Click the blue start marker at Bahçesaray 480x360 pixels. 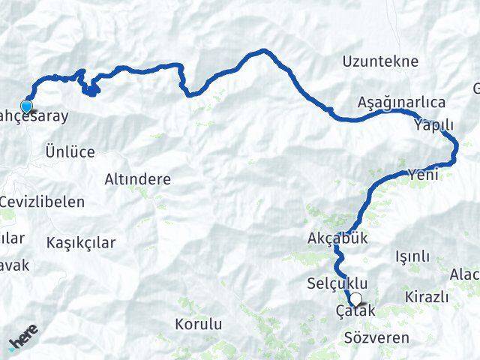(27, 106)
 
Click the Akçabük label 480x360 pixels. (337, 239)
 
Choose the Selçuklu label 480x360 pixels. (337, 283)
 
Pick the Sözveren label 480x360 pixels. (376, 338)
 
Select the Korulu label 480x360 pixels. (198, 325)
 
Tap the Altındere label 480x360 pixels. (138, 180)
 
